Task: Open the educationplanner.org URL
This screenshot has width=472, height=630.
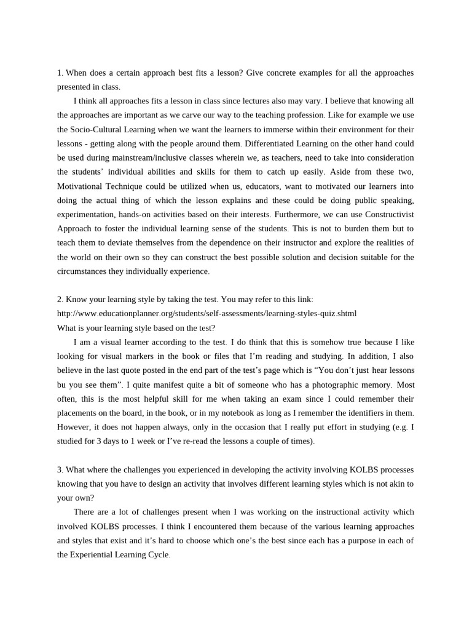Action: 206,313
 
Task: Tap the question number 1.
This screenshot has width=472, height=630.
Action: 60,73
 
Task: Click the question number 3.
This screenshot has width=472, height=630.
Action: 60,469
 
